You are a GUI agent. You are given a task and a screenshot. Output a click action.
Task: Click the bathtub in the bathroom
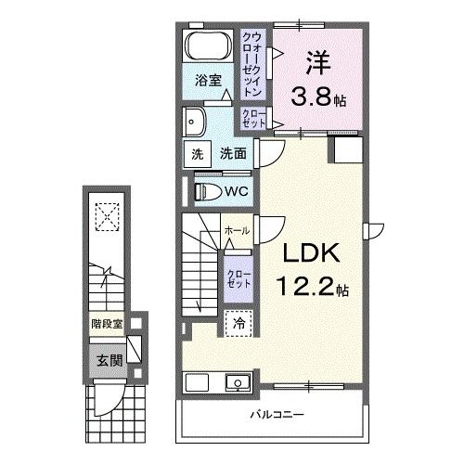206,46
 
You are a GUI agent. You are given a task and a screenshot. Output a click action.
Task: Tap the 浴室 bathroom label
207,81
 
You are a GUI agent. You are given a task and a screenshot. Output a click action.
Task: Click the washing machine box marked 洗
196,154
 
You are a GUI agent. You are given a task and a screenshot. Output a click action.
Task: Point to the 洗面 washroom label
232,154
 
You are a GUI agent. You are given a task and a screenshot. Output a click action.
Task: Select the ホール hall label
236,230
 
